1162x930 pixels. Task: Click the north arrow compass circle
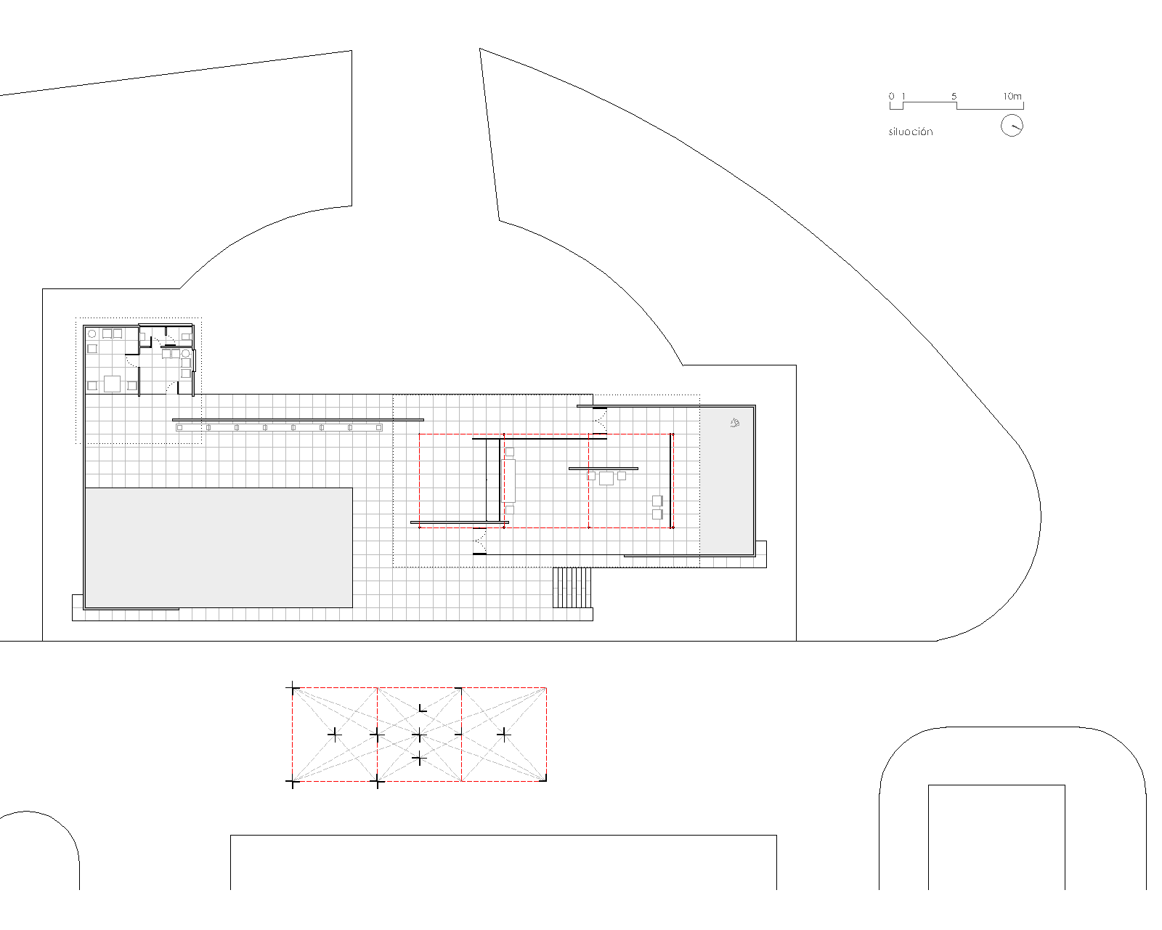click(x=1012, y=126)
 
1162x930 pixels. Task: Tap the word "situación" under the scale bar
click(x=910, y=132)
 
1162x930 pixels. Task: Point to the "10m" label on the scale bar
click(x=1012, y=96)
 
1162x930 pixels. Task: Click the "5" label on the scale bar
click(x=954, y=96)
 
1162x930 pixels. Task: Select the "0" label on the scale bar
click(x=891, y=96)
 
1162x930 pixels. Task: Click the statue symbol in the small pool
click(x=735, y=423)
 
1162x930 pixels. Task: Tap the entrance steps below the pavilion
click(x=572, y=587)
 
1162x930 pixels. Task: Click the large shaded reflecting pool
click(x=219, y=547)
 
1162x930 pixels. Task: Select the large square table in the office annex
click(x=112, y=383)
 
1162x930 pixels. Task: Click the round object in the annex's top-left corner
click(x=92, y=334)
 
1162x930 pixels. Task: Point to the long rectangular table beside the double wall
click(x=509, y=480)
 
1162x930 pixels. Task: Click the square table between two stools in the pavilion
click(x=606, y=478)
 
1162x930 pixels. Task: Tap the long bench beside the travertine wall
click(x=279, y=428)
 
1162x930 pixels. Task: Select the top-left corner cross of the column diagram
click(x=293, y=687)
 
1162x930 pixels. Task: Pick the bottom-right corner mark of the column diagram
click(x=545, y=780)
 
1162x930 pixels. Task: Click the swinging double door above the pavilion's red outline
click(x=600, y=420)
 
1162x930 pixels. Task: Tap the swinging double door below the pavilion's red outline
click(x=479, y=541)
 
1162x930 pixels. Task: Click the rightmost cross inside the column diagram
click(x=504, y=735)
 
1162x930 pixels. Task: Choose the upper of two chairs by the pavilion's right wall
click(x=657, y=501)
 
